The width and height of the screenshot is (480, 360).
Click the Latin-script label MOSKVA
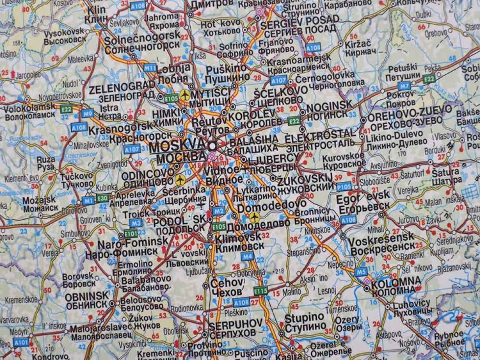[179, 145]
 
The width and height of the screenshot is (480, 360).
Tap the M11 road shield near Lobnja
[150, 67]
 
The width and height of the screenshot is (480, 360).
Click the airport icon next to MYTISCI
[186, 95]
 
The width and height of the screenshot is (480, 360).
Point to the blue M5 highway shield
[362, 272]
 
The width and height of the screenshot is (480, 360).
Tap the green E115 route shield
[260, 291]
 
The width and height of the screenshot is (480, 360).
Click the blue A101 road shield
[20, 343]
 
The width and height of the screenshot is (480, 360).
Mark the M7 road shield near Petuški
[404, 85]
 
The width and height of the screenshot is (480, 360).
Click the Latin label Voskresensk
[381, 237]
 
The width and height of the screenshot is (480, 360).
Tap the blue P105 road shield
[344, 186]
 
